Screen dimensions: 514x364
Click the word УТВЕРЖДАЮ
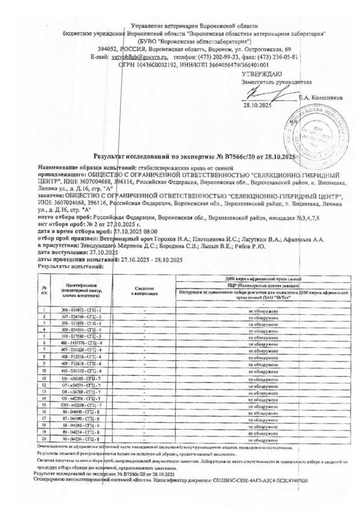tap(262, 73)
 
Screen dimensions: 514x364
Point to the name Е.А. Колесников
tap(321, 98)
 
